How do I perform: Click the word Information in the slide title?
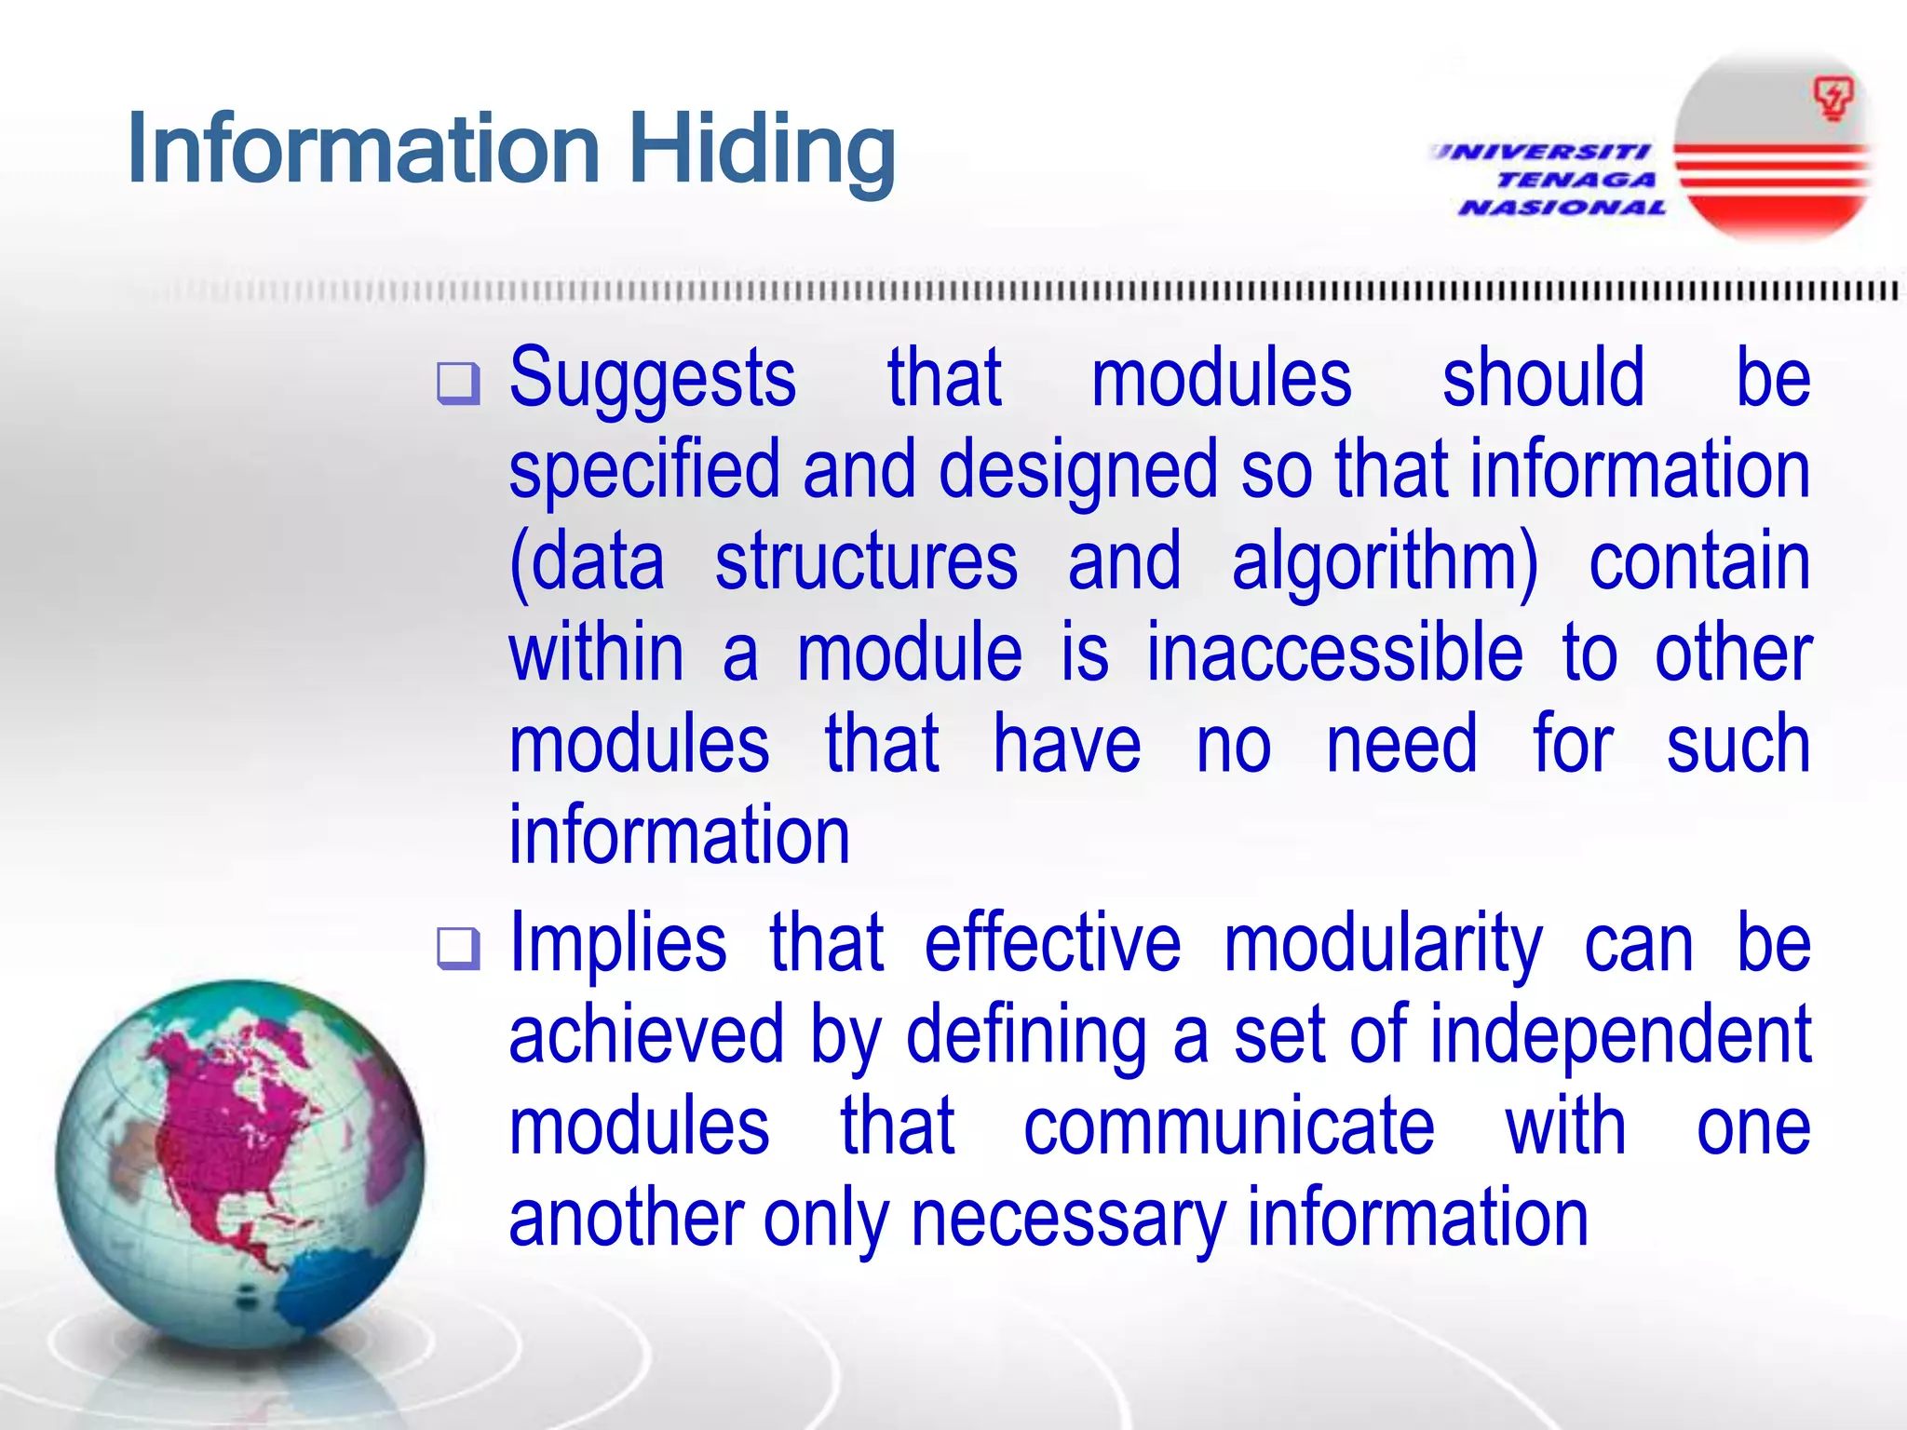pyautogui.click(x=363, y=149)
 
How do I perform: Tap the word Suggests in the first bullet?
pyautogui.click(x=652, y=380)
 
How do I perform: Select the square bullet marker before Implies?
pyautogui.click(x=458, y=949)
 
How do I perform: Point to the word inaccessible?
pyautogui.click(x=1333, y=654)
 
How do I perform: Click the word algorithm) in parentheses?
pyautogui.click(x=1385, y=562)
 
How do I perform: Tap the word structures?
pyautogui.click(x=866, y=562)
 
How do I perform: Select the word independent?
pyautogui.click(x=1619, y=1035)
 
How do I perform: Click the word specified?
pyautogui.click(x=644, y=471)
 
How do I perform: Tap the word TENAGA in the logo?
pyautogui.click(x=1576, y=180)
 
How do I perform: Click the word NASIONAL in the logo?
pyautogui.click(x=1562, y=208)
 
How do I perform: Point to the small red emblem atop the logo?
pyautogui.click(x=1833, y=99)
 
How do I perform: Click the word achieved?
pyautogui.click(x=646, y=1035)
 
